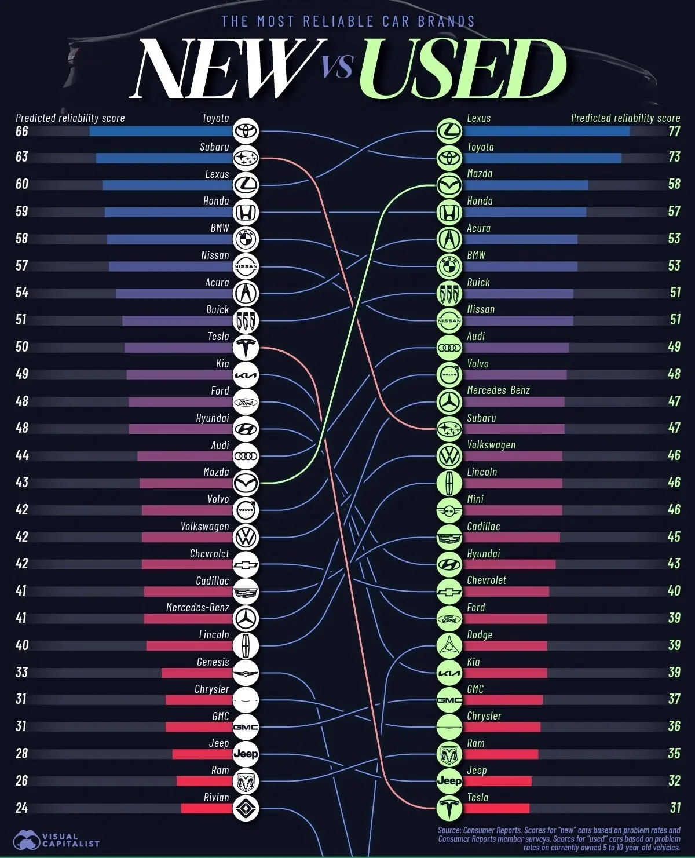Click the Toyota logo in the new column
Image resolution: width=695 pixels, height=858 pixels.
(246, 131)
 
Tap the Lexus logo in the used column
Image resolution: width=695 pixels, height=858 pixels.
(449, 131)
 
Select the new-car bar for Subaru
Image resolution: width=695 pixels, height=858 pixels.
(164, 158)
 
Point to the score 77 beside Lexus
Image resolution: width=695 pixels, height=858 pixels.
(674, 131)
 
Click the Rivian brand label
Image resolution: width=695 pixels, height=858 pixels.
(216, 797)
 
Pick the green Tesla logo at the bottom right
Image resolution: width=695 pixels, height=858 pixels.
(449, 808)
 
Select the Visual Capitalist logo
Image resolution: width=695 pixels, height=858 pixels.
(58, 839)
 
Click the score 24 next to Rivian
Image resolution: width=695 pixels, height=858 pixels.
(21, 808)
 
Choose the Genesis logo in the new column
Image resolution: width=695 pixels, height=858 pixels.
(246, 673)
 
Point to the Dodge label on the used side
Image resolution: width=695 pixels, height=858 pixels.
(480, 634)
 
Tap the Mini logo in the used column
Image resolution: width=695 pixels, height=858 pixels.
(449, 510)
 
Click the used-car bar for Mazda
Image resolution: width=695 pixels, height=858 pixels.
(526, 185)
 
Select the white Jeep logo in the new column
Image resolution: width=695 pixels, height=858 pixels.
(246, 754)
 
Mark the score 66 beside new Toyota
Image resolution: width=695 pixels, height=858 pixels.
(21, 131)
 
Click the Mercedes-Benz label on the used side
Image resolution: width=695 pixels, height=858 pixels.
(498, 390)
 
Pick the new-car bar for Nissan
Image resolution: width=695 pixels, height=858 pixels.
(171, 266)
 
